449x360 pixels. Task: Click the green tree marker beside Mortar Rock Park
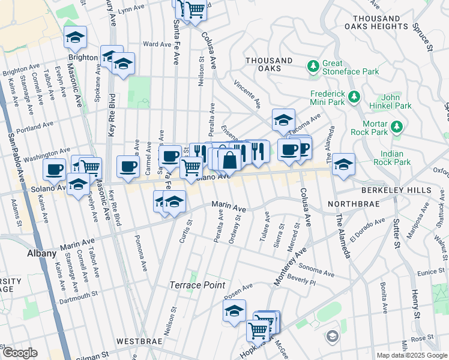(396, 127)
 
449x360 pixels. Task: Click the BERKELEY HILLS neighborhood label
(396, 190)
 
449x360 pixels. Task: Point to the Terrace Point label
(197, 285)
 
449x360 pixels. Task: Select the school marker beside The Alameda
(344, 164)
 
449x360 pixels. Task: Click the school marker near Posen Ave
(234, 311)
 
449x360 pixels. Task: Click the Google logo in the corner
(20, 353)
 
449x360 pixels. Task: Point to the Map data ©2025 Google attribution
(411, 355)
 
